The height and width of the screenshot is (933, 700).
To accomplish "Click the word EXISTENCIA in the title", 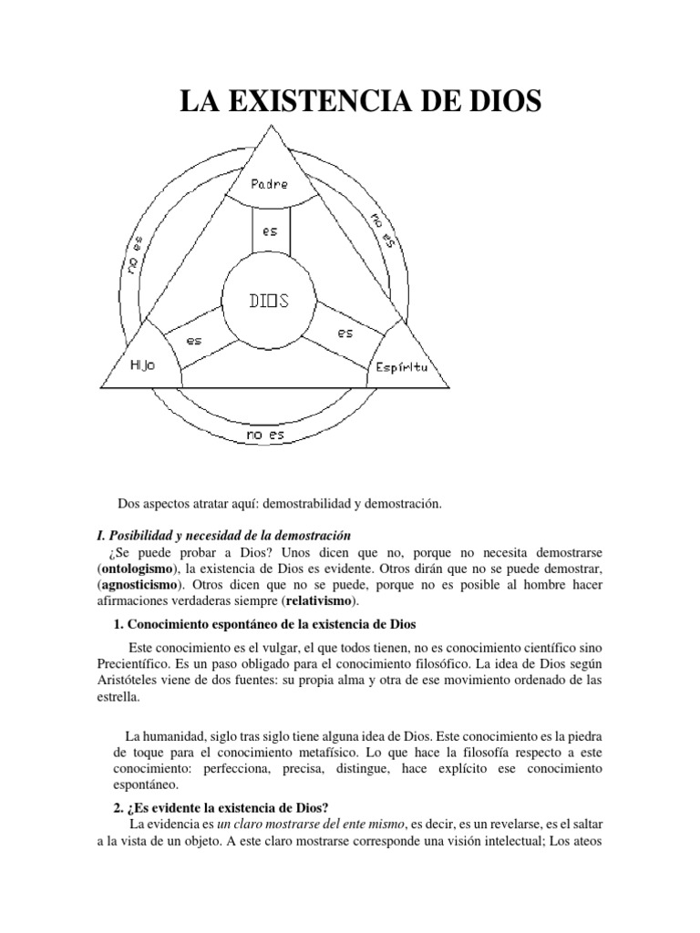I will tap(337, 100).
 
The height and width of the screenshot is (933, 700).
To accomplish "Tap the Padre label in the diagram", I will tap(269, 182).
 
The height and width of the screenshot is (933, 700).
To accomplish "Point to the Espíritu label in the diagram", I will tap(402, 368).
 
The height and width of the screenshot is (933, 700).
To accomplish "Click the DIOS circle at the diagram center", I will tap(269, 300).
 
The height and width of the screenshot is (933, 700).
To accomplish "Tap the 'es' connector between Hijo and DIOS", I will tap(194, 340).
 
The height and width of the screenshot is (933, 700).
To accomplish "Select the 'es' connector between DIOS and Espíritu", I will tap(345, 333).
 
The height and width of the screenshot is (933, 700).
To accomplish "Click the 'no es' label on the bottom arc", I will tap(265, 436).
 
